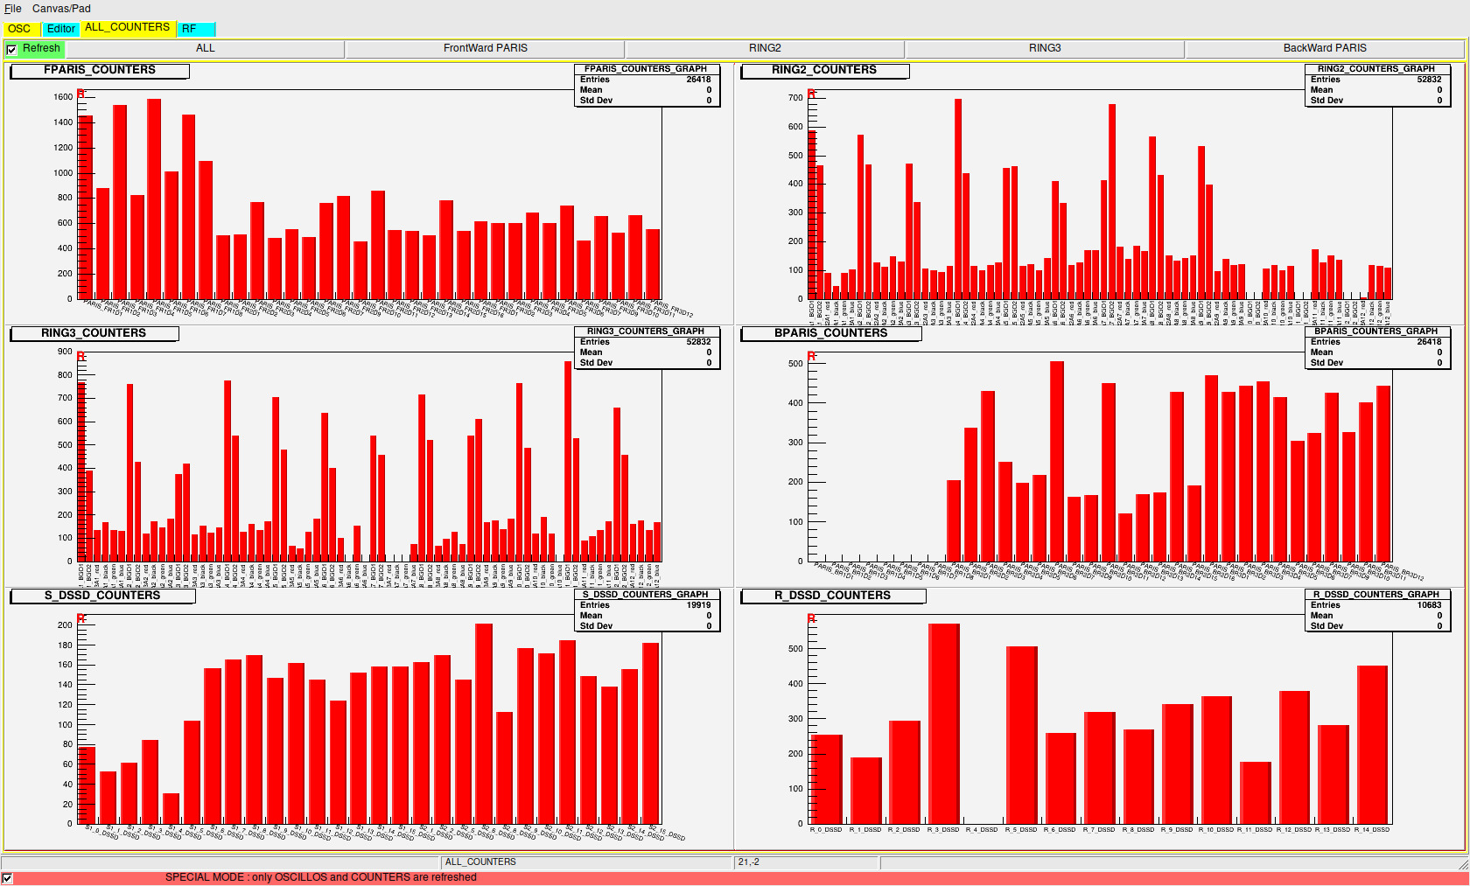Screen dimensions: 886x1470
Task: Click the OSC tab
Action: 19,29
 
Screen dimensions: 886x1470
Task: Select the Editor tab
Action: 61,29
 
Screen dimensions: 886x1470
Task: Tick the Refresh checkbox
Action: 11,49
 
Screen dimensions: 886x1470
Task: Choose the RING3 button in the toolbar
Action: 1044,48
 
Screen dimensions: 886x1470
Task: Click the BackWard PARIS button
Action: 1324,48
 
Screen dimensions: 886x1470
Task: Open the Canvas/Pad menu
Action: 61,9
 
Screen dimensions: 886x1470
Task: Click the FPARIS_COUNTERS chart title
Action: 100,70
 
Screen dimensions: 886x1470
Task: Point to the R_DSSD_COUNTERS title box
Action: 832,596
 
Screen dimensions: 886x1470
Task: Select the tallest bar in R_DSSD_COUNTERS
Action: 944,722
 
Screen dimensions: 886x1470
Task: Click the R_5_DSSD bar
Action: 1021,735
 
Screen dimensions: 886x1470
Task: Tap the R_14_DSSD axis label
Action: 1372,830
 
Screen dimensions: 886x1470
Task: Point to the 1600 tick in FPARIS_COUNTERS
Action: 63,97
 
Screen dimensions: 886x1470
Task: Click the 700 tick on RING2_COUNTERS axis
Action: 794,98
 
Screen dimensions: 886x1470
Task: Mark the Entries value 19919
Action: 698,605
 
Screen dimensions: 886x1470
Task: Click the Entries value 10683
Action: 1429,605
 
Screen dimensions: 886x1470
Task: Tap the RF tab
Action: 189,29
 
